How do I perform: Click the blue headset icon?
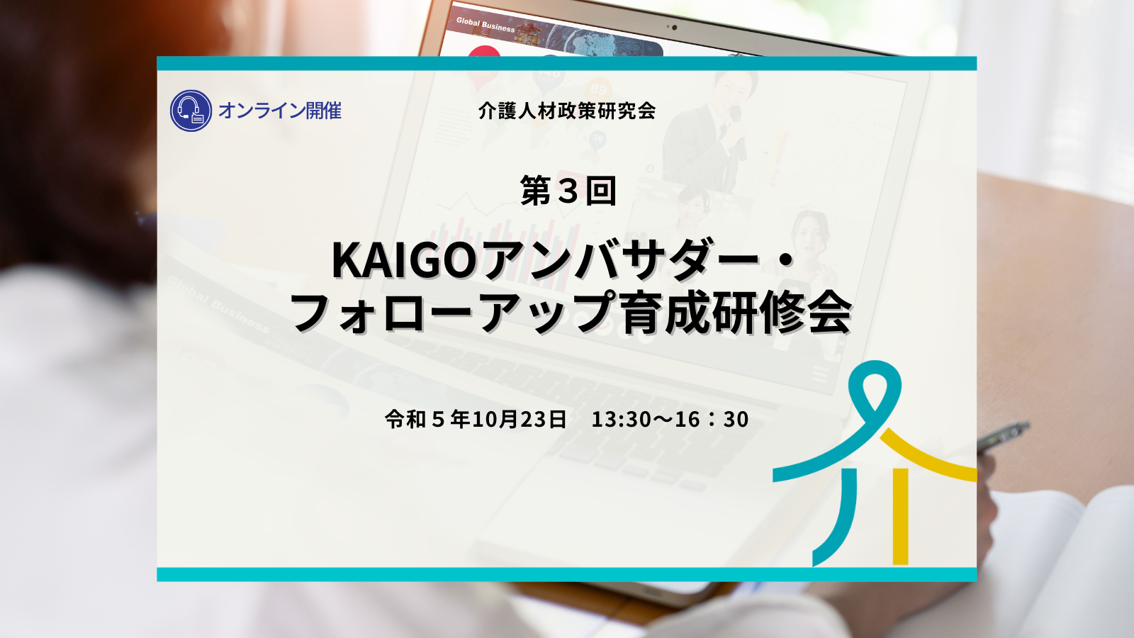tap(191, 111)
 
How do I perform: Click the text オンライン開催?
tap(280, 111)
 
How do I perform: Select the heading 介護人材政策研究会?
tap(566, 111)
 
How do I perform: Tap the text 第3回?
tap(568, 191)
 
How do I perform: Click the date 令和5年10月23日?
tap(476, 419)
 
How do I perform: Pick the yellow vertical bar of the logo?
tap(900, 517)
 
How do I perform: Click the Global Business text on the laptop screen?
tap(485, 24)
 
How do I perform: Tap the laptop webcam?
tap(674, 28)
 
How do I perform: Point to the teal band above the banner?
tap(566, 63)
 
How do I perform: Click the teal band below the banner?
tap(566, 574)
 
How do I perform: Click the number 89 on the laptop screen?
tap(598, 89)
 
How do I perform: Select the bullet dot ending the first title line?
tap(785, 260)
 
